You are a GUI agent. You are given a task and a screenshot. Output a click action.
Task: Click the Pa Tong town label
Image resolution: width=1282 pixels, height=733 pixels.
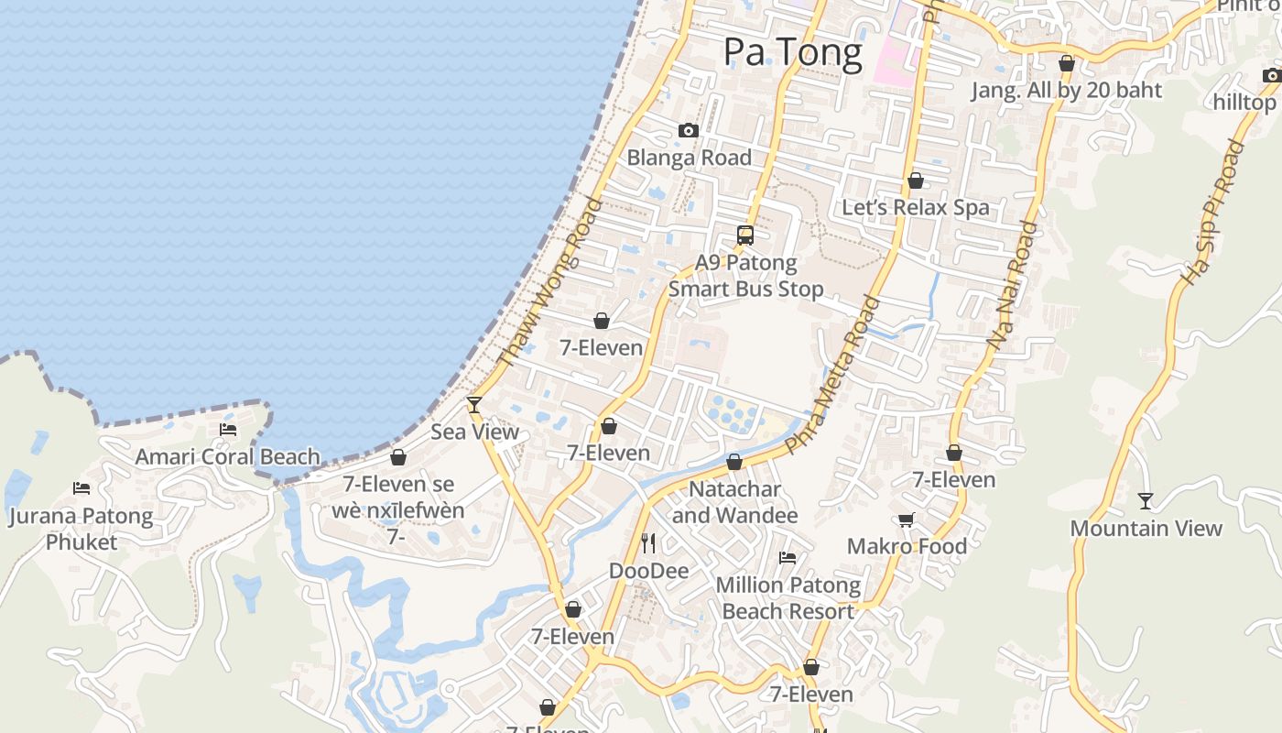[x=793, y=52]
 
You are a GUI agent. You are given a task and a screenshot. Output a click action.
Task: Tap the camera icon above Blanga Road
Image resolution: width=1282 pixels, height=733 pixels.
[x=689, y=131]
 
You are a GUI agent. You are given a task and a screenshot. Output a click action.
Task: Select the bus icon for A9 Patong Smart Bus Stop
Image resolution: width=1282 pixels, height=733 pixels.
[x=745, y=235]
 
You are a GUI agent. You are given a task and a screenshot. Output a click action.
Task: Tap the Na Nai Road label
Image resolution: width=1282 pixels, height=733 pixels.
[x=1013, y=284]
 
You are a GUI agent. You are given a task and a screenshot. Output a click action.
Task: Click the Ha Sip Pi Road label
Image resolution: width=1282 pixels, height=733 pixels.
[x=1214, y=213]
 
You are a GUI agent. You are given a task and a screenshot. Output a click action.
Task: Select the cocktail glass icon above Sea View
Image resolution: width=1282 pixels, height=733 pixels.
[x=474, y=404]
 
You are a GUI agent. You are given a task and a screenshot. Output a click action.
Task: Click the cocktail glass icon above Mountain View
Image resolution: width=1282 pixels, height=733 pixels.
[x=1146, y=500]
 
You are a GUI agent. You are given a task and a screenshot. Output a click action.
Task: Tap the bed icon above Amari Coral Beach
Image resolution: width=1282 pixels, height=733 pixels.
[x=228, y=429]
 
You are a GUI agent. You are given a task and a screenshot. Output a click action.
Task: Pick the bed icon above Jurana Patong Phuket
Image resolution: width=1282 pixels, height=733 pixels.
[x=81, y=488]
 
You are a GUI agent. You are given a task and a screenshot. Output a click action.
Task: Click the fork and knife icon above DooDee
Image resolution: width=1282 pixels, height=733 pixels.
[x=648, y=543]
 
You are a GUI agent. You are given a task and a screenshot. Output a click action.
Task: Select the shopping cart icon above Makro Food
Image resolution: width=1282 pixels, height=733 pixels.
[x=907, y=520]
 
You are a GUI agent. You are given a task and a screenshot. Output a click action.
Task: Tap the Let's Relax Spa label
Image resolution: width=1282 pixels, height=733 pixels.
[x=916, y=207]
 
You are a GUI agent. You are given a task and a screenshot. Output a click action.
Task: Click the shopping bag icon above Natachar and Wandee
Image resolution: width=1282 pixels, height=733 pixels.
[x=734, y=462]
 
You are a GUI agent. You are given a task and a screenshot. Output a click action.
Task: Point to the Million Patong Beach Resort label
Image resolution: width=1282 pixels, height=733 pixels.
[x=788, y=598]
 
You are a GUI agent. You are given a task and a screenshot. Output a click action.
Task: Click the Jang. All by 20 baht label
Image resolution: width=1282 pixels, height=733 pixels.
[x=1067, y=91]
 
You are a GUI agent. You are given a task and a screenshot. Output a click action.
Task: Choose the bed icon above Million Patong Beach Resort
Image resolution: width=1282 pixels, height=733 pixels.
[x=788, y=557]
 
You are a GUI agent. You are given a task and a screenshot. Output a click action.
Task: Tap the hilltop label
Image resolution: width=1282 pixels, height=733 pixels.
[x=1244, y=102]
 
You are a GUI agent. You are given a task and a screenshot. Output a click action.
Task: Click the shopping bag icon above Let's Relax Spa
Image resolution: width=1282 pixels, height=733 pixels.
[x=915, y=181]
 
